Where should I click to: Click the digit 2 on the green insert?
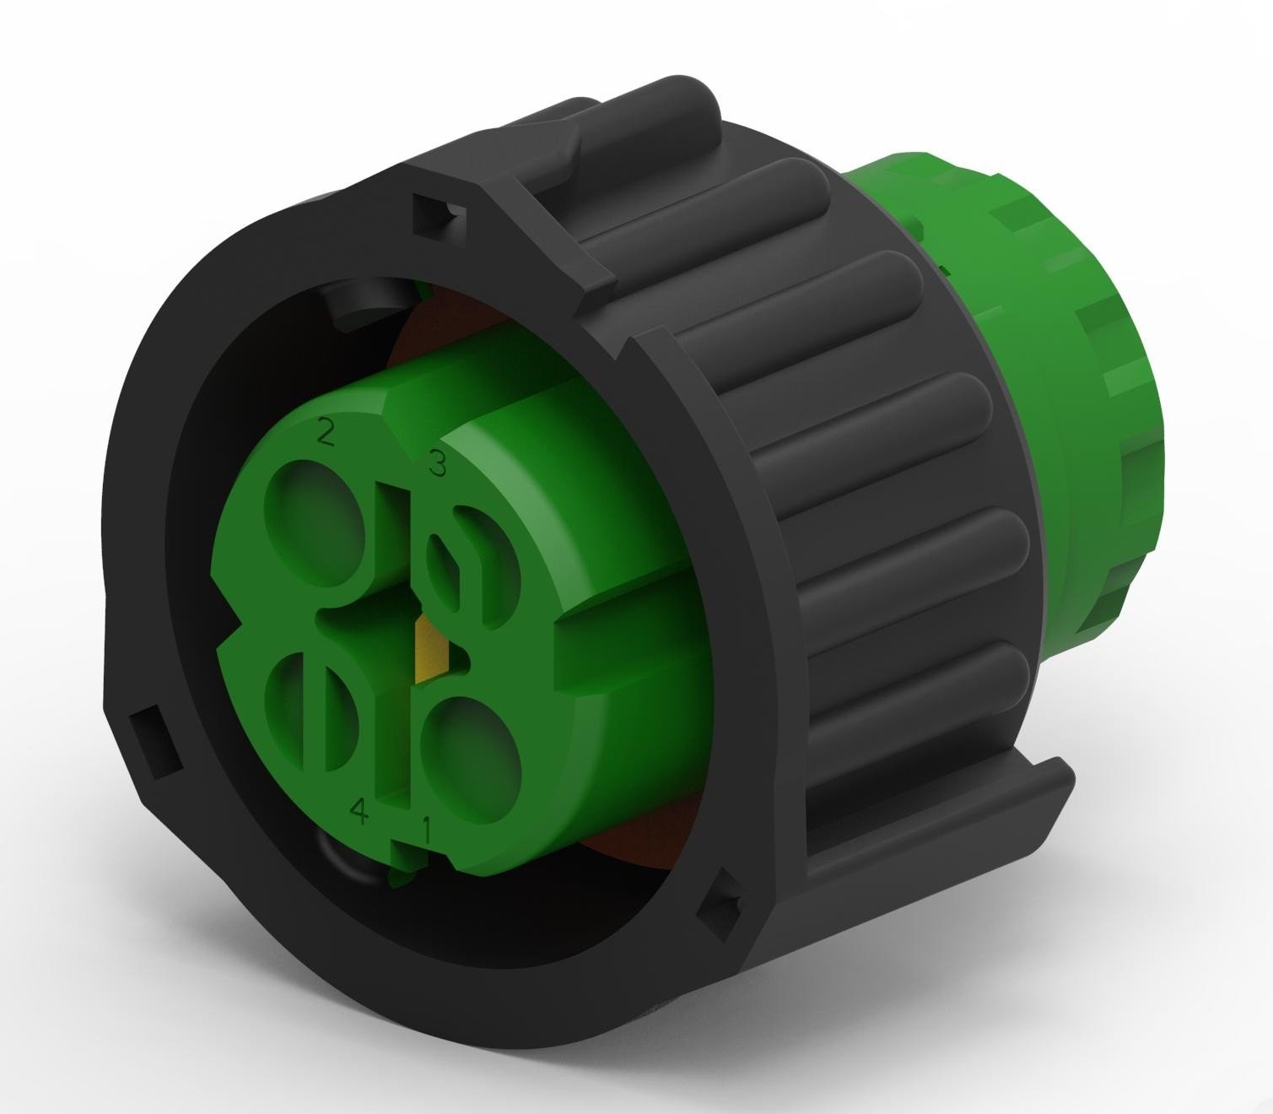[x=326, y=435]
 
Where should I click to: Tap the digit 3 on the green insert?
[x=437, y=463]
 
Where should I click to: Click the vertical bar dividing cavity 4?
[x=318, y=713]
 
